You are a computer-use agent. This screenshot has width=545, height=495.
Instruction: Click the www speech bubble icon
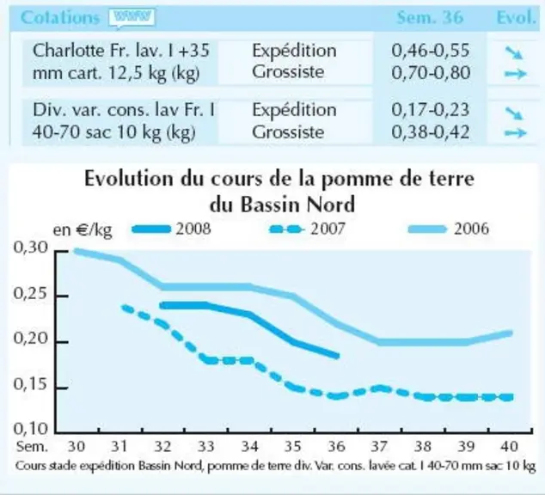tap(132, 18)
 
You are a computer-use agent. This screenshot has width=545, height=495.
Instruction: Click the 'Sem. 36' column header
tap(430, 17)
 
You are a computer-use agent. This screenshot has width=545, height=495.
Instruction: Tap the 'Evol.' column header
tap(516, 17)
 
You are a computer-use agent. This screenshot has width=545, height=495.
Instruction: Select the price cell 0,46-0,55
tap(431, 51)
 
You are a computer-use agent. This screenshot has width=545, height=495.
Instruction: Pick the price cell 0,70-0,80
tap(431, 72)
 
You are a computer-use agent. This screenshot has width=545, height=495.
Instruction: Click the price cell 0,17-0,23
tap(431, 109)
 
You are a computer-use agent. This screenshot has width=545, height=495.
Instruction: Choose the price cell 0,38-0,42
tap(431, 132)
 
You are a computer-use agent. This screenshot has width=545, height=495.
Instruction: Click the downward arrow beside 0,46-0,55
tap(514, 52)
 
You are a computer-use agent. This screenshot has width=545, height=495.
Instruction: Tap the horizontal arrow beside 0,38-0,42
tap(516, 132)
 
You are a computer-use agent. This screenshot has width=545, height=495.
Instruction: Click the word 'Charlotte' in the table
tap(68, 51)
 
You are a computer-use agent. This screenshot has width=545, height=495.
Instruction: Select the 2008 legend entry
tap(172, 229)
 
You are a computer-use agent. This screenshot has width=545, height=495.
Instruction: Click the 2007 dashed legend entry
tap(307, 229)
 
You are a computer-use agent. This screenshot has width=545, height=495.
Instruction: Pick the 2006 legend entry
tap(449, 229)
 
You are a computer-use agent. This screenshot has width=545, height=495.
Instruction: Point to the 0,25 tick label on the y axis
tap(30, 294)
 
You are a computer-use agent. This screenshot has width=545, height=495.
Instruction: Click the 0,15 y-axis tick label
tap(30, 384)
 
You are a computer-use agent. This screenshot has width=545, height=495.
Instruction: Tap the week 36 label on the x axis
tap(336, 446)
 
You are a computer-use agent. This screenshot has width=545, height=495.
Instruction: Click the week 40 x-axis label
tap(509, 446)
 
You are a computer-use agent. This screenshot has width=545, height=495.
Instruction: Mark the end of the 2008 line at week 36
tap(337, 356)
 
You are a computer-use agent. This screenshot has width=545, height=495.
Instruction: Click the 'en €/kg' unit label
tap(83, 230)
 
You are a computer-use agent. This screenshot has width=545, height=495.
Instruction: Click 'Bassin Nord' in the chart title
tap(297, 205)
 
